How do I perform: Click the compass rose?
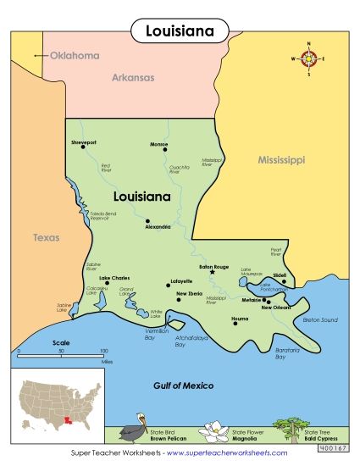308,58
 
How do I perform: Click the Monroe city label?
159,143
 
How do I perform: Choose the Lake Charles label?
115,278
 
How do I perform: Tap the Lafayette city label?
181,280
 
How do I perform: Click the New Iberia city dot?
178,298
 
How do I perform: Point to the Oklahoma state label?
75,56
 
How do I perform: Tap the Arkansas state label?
133,77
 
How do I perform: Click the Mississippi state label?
281,159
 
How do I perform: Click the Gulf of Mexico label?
184,386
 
